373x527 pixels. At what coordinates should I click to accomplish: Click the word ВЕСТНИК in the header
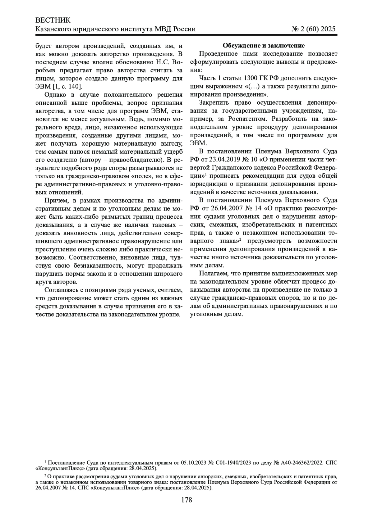(53, 20)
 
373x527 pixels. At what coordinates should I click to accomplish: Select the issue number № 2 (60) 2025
(314, 29)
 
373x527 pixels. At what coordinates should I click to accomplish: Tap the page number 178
(186, 500)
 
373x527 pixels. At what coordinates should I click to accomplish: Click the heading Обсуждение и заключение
(264, 46)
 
